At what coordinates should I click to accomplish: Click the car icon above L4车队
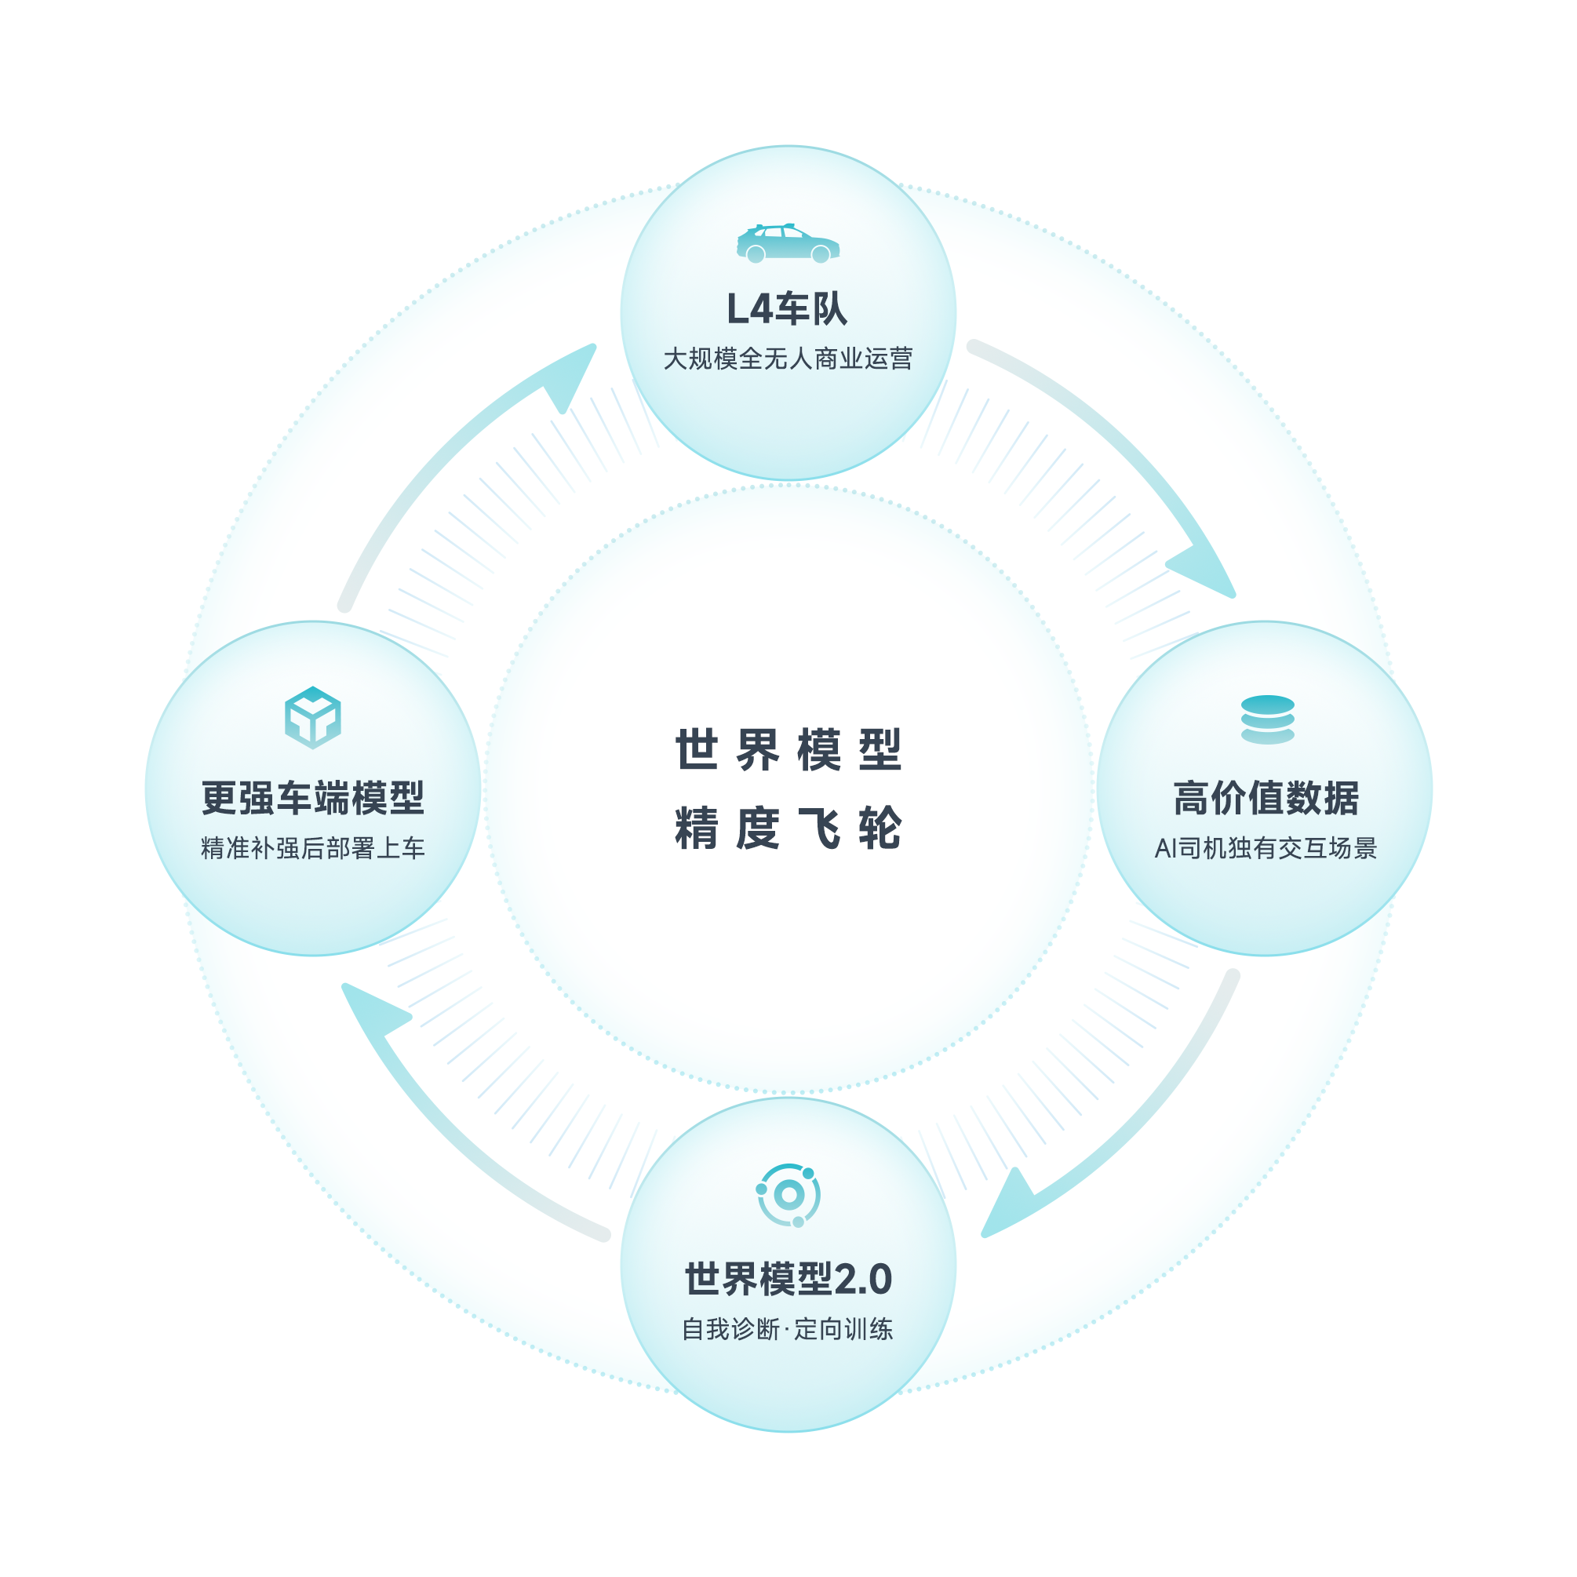[788, 243]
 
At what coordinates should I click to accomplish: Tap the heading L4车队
[788, 309]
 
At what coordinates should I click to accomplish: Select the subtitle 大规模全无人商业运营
[788, 359]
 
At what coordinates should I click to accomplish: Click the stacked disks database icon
[1267, 719]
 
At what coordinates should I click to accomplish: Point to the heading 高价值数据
[1266, 797]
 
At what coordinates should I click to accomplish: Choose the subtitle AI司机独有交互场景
[1266, 848]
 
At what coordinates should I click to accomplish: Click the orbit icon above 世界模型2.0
[788, 1195]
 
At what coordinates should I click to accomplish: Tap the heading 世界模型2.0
[788, 1278]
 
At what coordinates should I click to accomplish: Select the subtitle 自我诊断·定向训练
[788, 1329]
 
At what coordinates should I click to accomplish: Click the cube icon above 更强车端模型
[312, 717]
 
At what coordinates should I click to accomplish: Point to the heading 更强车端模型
[312, 797]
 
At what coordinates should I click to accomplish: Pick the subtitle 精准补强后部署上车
[312, 848]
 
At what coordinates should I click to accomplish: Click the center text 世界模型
[788, 749]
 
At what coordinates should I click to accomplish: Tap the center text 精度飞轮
[788, 829]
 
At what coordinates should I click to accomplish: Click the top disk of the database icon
[1267, 705]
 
